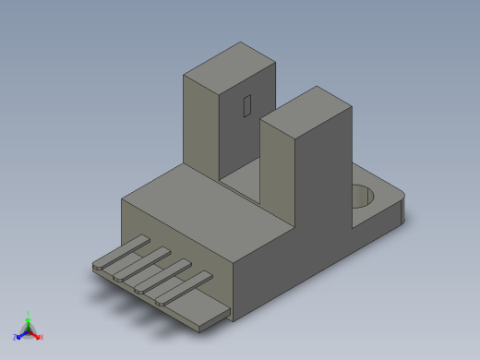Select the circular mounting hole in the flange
click(x=366, y=196)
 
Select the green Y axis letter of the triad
click(x=29, y=314)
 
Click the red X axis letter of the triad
click(x=41, y=337)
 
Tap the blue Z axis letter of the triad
click(x=16, y=337)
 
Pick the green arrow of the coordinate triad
click(x=29, y=322)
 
